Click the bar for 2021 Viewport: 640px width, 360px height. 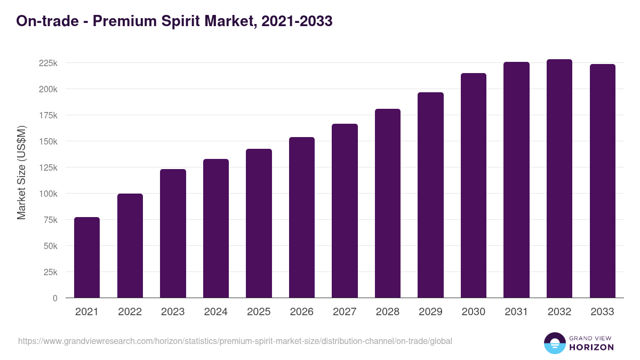(x=87, y=258)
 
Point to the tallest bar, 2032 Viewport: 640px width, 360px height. (x=559, y=179)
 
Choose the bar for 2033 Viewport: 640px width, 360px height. (x=602, y=181)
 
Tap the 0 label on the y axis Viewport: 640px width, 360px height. (x=54, y=298)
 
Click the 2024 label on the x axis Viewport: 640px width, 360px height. (x=215, y=312)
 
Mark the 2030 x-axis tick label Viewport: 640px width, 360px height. (x=473, y=312)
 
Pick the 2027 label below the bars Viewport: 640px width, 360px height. (x=345, y=312)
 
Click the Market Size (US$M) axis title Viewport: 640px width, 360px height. (x=21, y=172)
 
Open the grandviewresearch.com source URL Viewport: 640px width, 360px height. (x=235, y=341)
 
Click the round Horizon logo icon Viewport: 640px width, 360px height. (x=554, y=343)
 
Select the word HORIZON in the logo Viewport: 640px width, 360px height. (x=591, y=347)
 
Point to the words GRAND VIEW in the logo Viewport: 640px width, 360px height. (x=591, y=338)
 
